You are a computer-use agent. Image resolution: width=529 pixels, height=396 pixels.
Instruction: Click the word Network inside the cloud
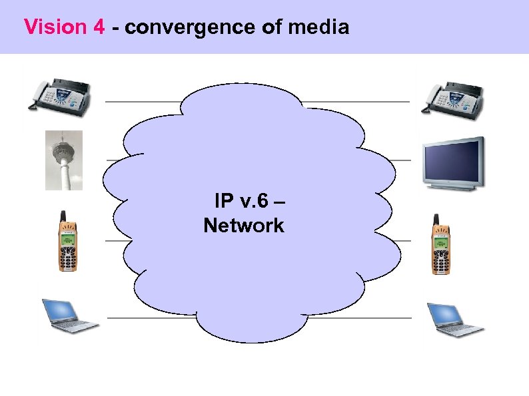click(244, 226)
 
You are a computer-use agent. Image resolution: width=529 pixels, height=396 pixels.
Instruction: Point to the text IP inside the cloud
click(223, 200)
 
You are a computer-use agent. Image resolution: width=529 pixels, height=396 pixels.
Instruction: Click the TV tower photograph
click(64, 160)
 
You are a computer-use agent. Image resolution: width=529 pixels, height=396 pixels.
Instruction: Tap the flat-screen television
click(454, 163)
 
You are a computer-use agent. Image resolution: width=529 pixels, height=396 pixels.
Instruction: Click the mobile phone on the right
click(440, 245)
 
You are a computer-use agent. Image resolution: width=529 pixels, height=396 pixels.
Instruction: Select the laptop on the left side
click(69, 315)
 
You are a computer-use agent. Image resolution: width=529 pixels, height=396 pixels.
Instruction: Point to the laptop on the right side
click(454, 319)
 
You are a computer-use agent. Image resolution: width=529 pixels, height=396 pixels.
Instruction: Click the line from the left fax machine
click(143, 102)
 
